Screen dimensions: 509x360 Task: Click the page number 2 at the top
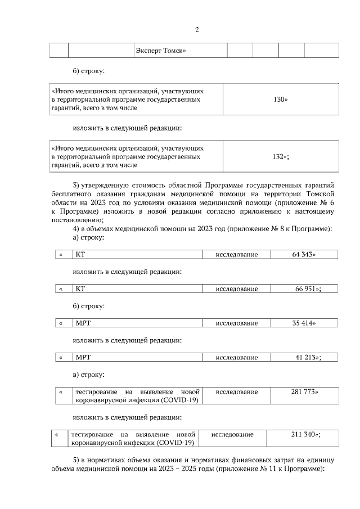pyautogui.click(x=197, y=30)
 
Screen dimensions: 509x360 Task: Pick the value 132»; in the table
pyautogui.click(x=281, y=157)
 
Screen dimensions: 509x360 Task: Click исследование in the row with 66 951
pyautogui.click(x=237, y=289)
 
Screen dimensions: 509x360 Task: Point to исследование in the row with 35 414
pyautogui.click(x=237, y=323)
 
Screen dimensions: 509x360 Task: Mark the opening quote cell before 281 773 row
pyautogui.click(x=61, y=391)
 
